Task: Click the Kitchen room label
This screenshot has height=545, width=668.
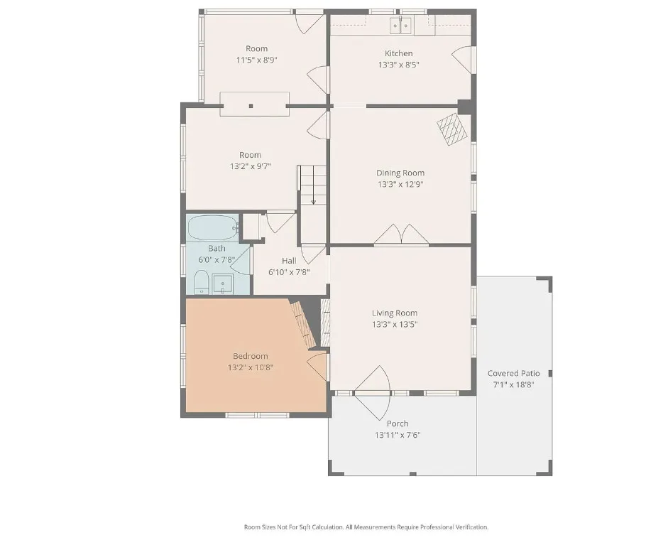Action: click(x=398, y=53)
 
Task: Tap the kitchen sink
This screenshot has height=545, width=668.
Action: click(x=400, y=26)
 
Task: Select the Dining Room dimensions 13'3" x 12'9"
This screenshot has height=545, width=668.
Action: click(x=400, y=184)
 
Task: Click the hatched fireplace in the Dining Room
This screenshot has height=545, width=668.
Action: click(x=451, y=129)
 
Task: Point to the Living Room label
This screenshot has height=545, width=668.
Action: click(x=395, y=313)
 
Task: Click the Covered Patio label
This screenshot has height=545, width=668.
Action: click(x=513, y=373)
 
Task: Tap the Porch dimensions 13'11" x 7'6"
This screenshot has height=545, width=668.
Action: click(x=398, y=435)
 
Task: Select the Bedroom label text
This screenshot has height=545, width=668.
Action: click(x=250, y=356)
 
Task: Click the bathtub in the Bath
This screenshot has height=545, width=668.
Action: click(x=214, y=227)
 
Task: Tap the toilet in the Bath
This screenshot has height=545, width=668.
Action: click(x=202, y=282)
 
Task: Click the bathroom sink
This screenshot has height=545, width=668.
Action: click(x=223, y=284)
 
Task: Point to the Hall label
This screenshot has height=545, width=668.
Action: click(x=289, y=261)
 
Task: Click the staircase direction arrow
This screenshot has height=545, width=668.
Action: click(x=313, y=185)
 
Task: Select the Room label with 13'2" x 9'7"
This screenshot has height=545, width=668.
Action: click(x=250, y=155)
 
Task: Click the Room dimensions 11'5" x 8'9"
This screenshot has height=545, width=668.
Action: click(x=256, y=60)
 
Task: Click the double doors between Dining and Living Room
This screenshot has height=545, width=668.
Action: click(x=401, y=234)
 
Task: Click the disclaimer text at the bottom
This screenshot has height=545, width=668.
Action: click(x=366, y=527)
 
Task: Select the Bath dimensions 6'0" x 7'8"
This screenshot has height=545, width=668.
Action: click(x=217, y=259)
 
